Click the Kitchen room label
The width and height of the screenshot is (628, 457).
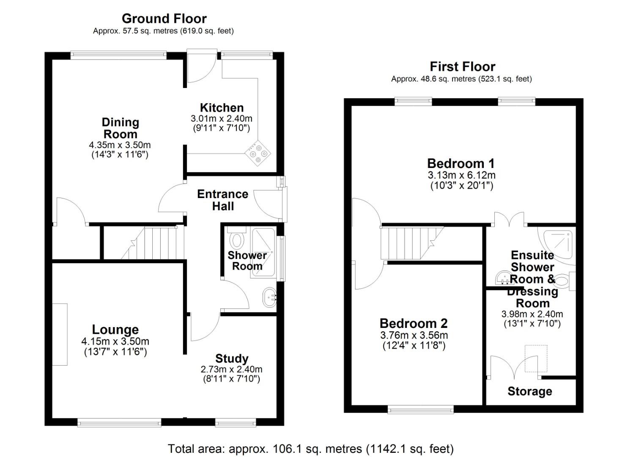click(x=222, y=107)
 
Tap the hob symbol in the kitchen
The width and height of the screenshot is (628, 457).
click(x=258, y=154)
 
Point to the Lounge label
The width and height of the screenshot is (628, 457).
click(x=115, y=330)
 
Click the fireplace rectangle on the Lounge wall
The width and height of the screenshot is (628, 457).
click(x=60, y=334)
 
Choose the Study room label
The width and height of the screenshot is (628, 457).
click(x=231, y=358)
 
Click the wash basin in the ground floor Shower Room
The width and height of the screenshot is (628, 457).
click(x=269, y=297)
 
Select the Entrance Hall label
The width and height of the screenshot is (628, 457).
click(x=222, y=200)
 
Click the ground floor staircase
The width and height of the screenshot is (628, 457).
click(x=154, y=243)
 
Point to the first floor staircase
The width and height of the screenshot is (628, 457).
click(x=406, y=243)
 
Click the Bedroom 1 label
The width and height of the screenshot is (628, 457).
click(x=461, y=163)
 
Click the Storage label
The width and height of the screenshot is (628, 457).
click(x=529, y=391)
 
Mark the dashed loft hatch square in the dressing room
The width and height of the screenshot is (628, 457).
click(x=536, y=358)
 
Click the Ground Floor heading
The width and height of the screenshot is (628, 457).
click(x=164, y=19)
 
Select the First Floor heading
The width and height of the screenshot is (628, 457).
click(x=462, y=66)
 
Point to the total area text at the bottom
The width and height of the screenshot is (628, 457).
click(x=310, y=449)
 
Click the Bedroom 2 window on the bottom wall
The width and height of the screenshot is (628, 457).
click(x=420, y=409)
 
